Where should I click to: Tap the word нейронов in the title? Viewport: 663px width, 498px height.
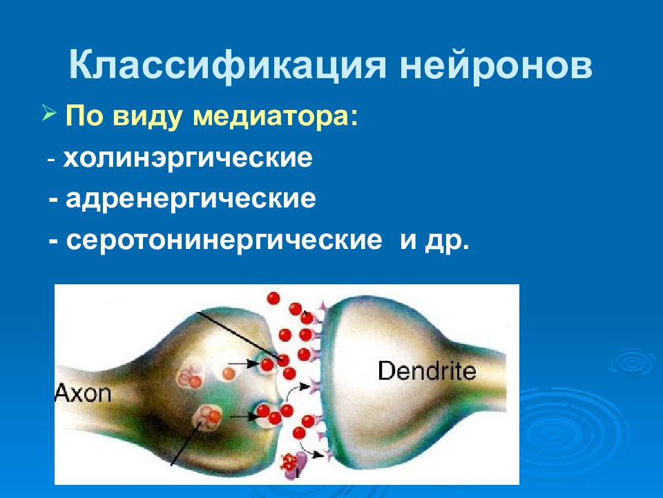click(496, 66)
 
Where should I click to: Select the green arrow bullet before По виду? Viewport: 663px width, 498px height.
click(50, 114)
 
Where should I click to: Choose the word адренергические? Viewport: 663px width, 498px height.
click(191, 199)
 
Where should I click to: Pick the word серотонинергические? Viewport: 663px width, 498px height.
click(224, 241)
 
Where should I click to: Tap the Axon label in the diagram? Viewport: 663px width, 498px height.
click(83, 394)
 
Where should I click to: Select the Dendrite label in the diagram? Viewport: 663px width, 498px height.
click(427, 370)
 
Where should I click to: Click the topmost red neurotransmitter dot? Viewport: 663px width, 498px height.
click(273, 298)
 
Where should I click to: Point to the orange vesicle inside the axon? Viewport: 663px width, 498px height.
click(229, 373)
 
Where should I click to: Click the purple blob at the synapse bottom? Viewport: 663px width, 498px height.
click(302, 465)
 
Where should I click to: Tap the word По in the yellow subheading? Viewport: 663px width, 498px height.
click(84, 116)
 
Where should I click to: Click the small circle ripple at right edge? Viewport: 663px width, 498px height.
click(632, 363)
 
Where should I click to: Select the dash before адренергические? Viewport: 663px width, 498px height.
click(53, 201)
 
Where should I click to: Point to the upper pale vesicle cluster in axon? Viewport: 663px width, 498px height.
click(189, 378)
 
